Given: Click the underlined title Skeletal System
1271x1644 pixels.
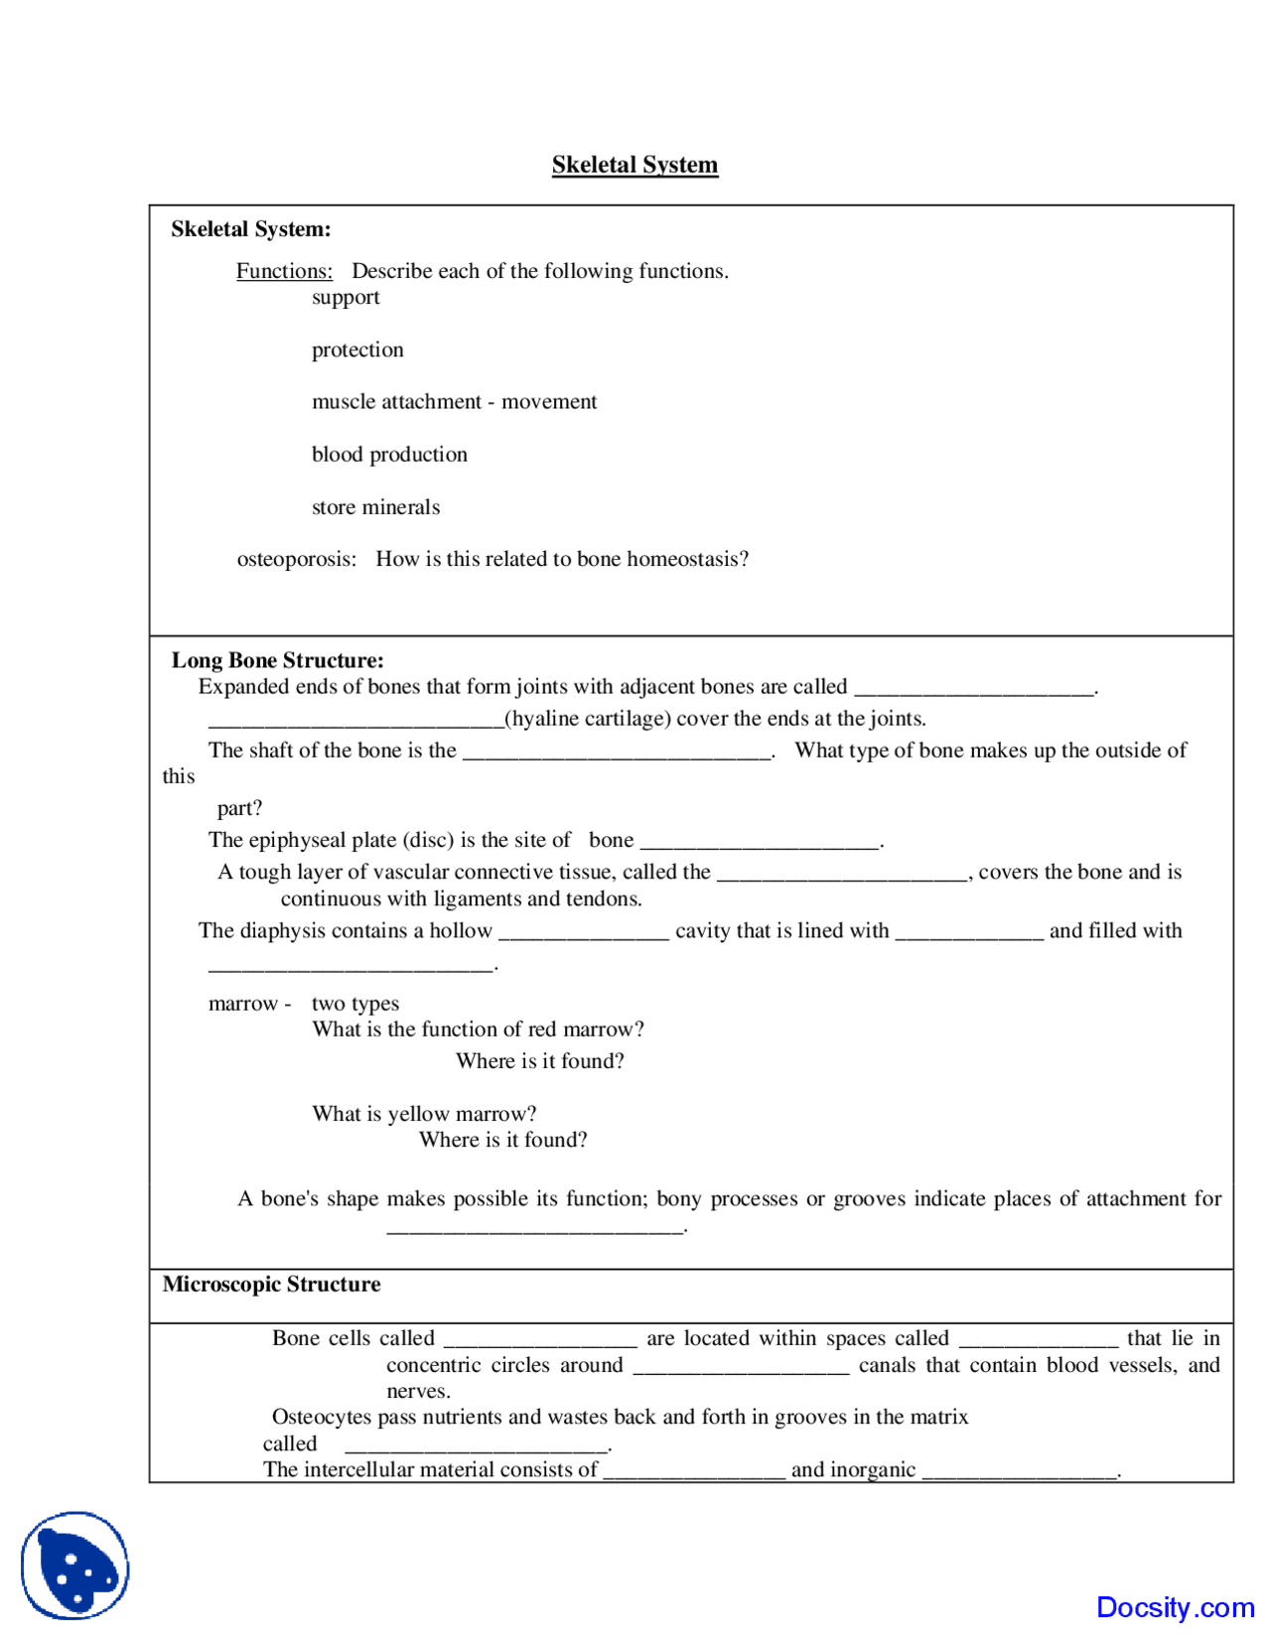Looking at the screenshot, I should click(635, 165).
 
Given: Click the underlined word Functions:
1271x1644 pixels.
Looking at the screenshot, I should click(284, 271).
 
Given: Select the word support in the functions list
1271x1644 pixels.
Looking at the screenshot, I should click(346, 298).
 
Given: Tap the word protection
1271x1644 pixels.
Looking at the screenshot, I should click(357, 350).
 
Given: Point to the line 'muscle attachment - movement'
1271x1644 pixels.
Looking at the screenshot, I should click(454, 402).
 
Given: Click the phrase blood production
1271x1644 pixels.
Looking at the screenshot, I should click(389, 455).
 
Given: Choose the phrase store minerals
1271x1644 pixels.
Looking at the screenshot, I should click(375, 507).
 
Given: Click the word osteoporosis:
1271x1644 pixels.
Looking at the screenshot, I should click(296, 560).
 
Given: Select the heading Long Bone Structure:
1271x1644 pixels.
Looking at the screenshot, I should click(277, 661).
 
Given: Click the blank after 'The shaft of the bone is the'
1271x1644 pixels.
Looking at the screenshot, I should click(617, 752).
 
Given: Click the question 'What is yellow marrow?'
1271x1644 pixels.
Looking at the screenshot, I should click(424, 1114).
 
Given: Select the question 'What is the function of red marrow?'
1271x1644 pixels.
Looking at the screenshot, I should click(478, 1029).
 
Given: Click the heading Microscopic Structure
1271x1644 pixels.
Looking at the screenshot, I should click(271, 1285).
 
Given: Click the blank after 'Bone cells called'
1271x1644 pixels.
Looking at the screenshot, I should click(539, 1339).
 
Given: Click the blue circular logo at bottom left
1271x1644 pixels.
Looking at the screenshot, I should click(75, 1565).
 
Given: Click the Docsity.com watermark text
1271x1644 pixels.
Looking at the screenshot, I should click(1175, 1607).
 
